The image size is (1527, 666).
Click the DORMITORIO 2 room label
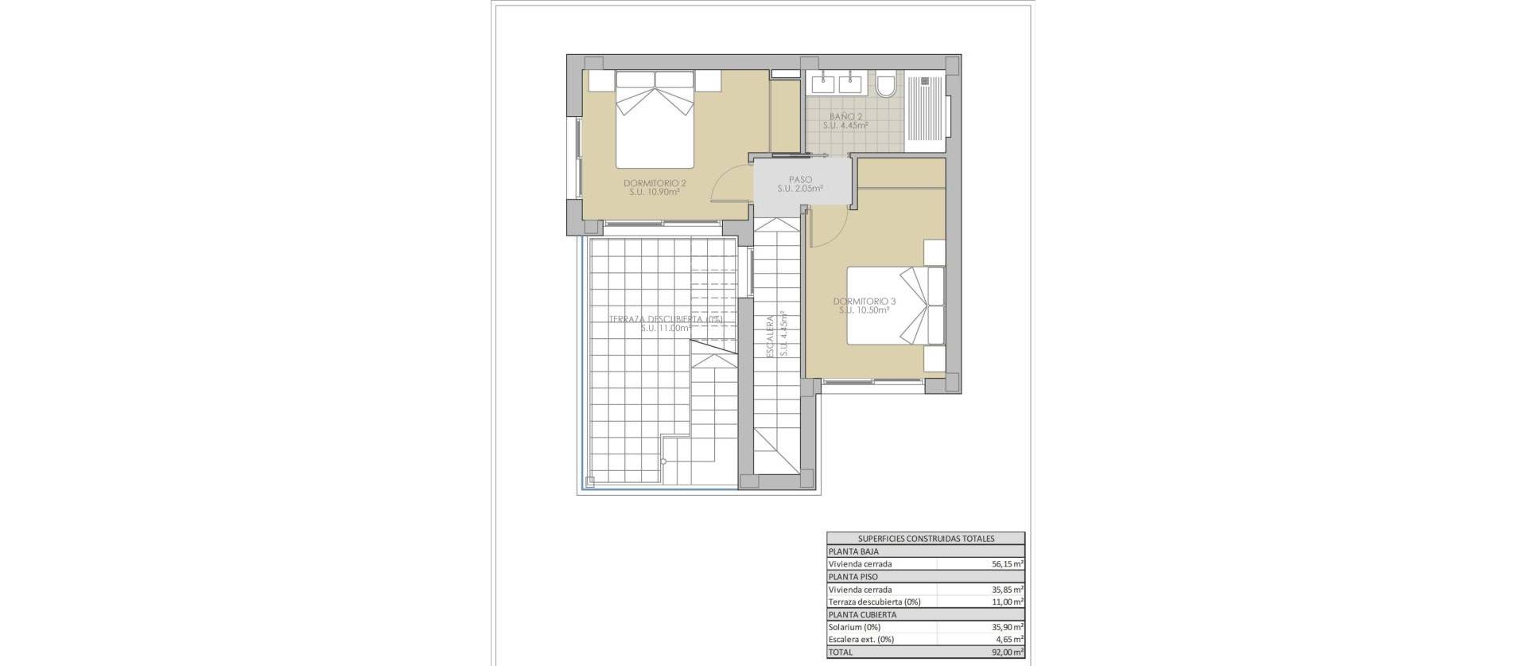pos(655,183)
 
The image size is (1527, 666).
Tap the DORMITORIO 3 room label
pos(864,302)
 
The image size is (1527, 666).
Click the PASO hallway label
pos(800,180)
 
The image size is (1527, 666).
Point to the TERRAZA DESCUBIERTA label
pos(665,319)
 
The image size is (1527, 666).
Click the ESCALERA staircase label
pos(770,336)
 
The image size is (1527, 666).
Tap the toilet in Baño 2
pos(887,84)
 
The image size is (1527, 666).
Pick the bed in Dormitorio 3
pos(894,306)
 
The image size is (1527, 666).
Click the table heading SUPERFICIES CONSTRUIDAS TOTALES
pos(926,539)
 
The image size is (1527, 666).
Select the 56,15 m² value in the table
pos(1006,564)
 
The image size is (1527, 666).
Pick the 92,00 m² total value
pos(1006,652)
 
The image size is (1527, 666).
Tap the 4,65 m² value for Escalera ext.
pos(1008,640)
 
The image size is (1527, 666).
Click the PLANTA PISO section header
pos(853,577)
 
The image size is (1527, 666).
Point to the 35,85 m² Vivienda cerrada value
pos(1006,590)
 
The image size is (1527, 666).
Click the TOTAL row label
pos(840,652)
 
